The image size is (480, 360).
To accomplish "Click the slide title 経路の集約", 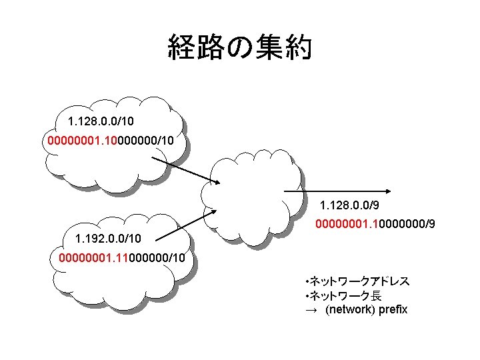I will (239, 48).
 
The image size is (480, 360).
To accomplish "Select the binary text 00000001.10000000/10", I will (111, 141).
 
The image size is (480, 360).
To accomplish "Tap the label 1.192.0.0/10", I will (108, 238).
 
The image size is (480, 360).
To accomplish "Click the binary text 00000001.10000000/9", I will (375, 225).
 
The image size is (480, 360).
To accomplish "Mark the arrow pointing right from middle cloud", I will (340, 192).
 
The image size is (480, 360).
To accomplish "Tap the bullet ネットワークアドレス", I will (356, 281).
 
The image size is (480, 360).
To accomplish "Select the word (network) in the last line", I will (349, 310).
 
